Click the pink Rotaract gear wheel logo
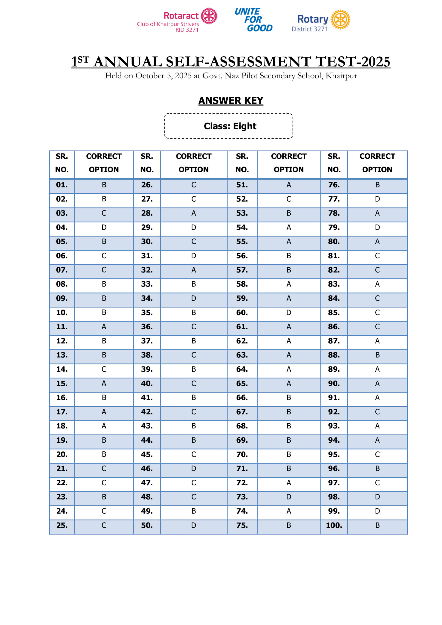[x=209, y=16]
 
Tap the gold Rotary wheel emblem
[x=340, y=20]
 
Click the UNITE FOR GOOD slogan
[x=253, y=20]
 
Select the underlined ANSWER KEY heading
[x=231, y=101]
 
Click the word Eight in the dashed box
[x=245, y=126]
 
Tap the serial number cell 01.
[x=62, y=185]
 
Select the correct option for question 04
[x=104, y=227]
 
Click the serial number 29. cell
[x=147, y=227]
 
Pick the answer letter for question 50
[x=194, y=525]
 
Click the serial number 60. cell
[x=242, y=312]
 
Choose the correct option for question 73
[x=288, y=497]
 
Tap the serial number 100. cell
[x=334, y=525]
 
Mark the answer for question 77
[x=377, y=199]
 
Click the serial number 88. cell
[x=334, y=355]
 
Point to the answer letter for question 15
[x=104, y=383]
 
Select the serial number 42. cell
[x=147, y=412]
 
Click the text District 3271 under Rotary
[x=310, y=29]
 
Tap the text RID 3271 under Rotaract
[x=187, y=30]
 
